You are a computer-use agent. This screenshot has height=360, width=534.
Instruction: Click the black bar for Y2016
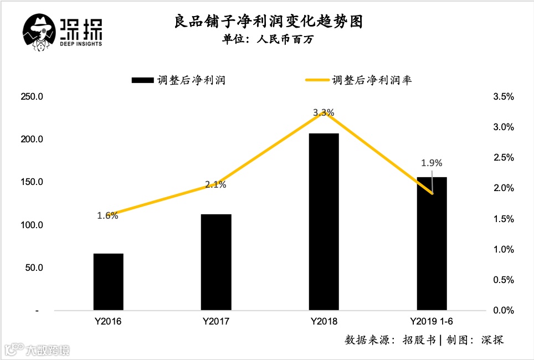click(x=108, y=282)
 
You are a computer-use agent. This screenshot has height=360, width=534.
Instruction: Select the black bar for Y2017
click(x=215, y=262)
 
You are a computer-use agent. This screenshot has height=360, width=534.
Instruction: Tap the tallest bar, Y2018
click(x=324, y=222)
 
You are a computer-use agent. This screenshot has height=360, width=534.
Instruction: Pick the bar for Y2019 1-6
click(x=431, y=244)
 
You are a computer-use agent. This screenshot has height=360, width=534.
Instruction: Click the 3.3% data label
click(x=324, y=112)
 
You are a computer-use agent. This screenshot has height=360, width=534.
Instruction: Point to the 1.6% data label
click(x=107, y=216)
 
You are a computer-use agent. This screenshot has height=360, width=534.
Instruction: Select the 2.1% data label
click(x=215, y=185)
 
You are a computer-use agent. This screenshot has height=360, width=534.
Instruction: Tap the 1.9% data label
click(x=432, y=163)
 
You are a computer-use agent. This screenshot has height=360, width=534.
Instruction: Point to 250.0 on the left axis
click(x=32, y=96)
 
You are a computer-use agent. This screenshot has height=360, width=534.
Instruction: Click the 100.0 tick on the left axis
click(x=32, y=225)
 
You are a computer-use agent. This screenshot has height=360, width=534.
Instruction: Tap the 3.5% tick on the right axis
click(x=503, y=96)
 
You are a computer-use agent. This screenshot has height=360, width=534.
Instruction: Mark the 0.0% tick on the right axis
click(x=503, y=310)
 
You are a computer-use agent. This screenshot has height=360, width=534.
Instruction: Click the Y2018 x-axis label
click(x=324, y=322)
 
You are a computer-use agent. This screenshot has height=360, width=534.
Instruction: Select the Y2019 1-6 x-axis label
click(x=432, y=322)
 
